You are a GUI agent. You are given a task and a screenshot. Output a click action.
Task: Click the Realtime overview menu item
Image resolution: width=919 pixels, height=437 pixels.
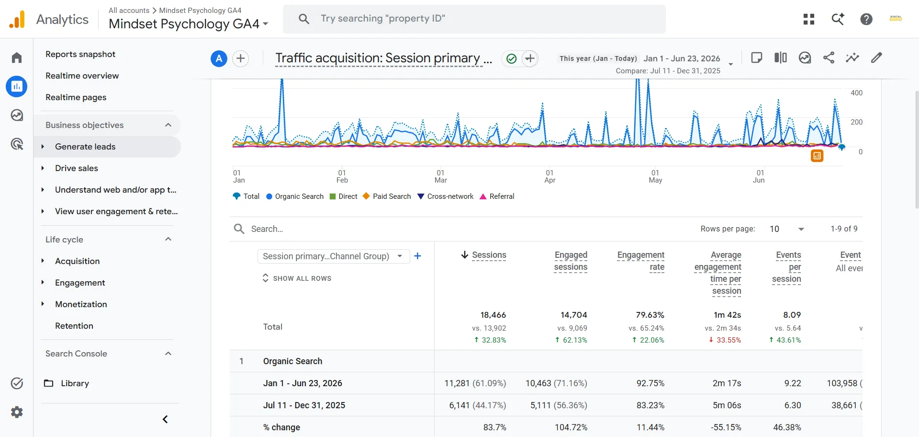82,76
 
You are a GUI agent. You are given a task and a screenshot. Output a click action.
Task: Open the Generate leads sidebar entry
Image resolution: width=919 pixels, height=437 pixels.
85,147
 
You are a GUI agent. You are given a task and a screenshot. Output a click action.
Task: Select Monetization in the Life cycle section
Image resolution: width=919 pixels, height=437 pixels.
81,304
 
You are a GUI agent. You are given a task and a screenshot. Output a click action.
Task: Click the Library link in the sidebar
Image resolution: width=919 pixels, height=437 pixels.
75,383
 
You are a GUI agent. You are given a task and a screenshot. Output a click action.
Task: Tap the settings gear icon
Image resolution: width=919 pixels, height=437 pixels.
17,412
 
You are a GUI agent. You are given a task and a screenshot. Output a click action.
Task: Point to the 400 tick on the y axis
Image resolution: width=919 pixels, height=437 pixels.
856,93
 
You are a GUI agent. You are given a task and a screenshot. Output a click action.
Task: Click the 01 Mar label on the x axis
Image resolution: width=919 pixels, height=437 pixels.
440,176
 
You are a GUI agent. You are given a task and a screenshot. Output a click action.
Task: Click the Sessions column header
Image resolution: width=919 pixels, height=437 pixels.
489,255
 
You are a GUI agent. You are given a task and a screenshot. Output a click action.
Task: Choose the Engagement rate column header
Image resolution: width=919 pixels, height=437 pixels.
641,261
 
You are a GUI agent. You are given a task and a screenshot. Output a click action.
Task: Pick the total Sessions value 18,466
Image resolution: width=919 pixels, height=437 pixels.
493,315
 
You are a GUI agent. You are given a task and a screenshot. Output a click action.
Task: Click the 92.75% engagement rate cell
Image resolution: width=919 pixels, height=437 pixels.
650,383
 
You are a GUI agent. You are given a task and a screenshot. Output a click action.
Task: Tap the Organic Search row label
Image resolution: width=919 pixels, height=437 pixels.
292,361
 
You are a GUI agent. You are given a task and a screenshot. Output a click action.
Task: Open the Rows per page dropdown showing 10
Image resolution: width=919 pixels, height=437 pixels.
787,229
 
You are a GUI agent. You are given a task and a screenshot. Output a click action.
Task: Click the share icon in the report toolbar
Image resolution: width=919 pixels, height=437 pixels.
829,58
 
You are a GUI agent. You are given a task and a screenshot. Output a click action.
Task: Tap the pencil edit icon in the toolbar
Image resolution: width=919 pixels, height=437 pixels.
876,58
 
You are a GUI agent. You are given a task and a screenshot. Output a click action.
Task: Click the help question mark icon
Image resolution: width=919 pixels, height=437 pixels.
866,19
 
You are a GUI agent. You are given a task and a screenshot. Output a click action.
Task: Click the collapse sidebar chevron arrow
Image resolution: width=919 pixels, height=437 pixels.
165,420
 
